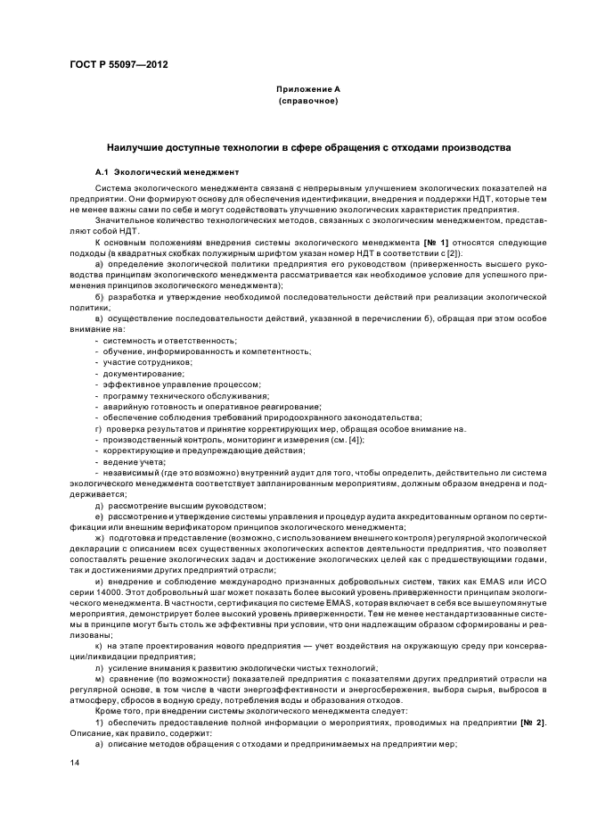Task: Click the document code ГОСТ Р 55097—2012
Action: click(118, 64)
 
